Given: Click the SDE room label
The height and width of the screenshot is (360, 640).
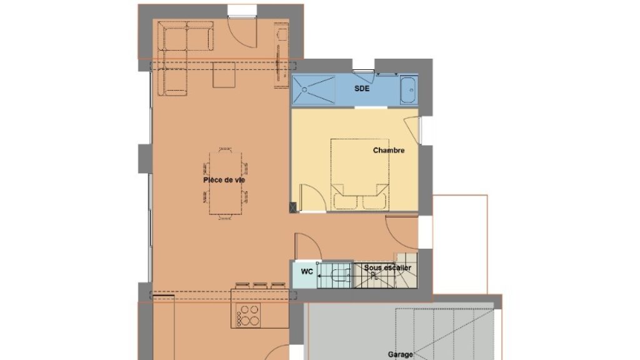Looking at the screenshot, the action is (362, 89).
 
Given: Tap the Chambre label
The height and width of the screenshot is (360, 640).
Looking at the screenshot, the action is (389, 150).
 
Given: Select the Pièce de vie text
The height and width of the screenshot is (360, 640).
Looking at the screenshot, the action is (224, 180).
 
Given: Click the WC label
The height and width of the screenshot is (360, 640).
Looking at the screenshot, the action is (307, 271).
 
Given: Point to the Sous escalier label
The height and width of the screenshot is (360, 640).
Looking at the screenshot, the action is (387, 267).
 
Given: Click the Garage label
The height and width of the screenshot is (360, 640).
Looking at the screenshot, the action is (401, 355).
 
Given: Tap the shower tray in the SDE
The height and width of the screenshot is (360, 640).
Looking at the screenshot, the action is (314, 90).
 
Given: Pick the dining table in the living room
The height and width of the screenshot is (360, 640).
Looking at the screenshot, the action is (225, 183).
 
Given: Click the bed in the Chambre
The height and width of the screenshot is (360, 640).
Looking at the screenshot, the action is (359, 175).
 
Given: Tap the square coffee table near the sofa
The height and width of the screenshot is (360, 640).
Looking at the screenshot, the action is (224, 75).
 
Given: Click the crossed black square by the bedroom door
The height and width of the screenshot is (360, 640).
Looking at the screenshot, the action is (293, 207).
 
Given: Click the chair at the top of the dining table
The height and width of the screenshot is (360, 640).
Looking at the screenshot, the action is (225, 150).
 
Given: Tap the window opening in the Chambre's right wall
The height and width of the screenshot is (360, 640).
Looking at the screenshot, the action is (421, 131).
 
